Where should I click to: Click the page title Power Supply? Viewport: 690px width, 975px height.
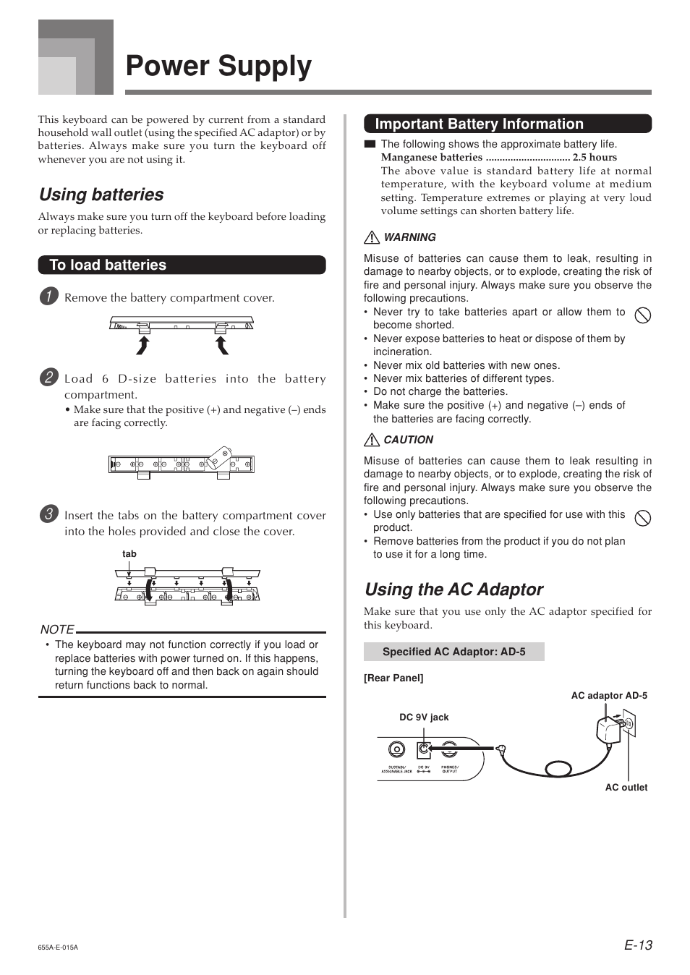point(218,66)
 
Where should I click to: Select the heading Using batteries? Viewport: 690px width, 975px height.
point(101,195)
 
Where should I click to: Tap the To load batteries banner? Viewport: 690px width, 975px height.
point(182,265)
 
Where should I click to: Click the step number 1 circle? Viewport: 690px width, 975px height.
point(48,296)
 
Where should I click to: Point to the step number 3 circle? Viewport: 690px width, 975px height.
point(48,514)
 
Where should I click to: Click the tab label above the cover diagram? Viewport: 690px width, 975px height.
point(129,554)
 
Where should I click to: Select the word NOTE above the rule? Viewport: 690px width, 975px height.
point(57,629)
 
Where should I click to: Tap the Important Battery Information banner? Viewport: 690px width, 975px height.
point(507,124)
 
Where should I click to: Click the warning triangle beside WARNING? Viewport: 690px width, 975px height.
point(372,237)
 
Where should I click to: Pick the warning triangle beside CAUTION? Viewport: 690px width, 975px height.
point(372,440)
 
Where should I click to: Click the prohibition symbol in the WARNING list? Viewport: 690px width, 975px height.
point(642,315)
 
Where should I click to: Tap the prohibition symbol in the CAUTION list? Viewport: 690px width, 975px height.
point(642,518)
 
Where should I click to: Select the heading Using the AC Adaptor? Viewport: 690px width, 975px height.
point(453,589)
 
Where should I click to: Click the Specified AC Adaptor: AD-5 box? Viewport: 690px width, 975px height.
point(453,652)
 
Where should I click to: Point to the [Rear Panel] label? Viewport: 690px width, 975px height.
point(393,678)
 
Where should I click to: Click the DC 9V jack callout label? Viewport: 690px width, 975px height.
point(424,718)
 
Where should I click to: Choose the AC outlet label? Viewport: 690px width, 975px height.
point(626,788)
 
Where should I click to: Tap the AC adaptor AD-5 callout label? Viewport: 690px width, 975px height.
point(609,696)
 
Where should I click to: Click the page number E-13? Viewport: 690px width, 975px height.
point(638,945)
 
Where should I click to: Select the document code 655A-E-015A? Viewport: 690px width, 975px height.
point(58,947)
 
